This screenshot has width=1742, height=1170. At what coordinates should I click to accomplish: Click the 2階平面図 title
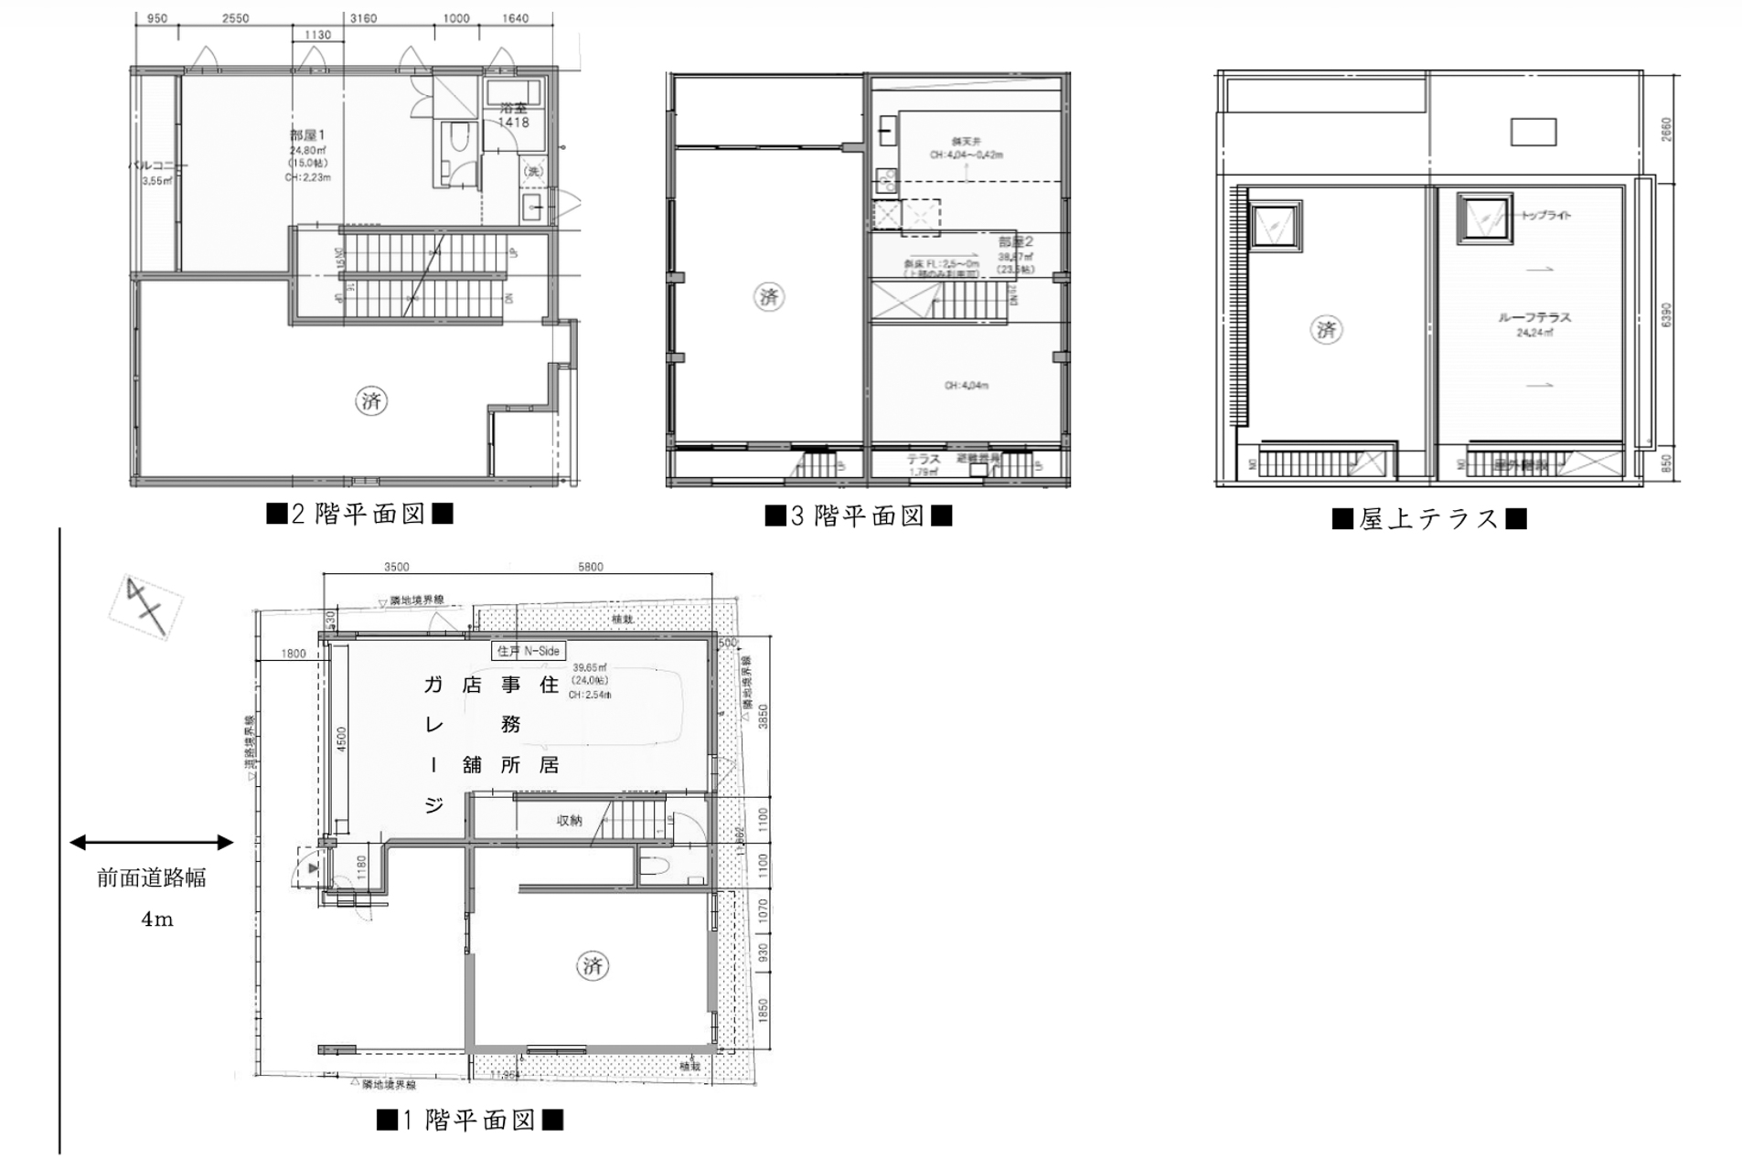pos(359,514)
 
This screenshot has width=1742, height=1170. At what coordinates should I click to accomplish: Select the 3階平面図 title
pos(858,516)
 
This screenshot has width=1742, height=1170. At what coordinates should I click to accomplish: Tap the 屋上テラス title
pos(1428,519)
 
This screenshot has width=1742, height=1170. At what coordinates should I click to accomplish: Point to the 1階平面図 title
pos(469,1120)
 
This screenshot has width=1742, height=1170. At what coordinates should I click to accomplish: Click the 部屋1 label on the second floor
pos(307,135)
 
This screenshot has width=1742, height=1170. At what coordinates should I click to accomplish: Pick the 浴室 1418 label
pos(513,115)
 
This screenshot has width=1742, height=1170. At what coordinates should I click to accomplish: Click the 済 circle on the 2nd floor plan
pos(371,400)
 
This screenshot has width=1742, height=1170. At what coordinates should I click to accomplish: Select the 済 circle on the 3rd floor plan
pos(769,296)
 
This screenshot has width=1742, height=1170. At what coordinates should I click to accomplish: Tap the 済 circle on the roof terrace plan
pos(1326,329)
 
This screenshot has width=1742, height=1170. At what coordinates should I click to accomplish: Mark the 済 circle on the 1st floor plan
pos(593,965)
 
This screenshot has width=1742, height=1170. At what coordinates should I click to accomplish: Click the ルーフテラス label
pos(1534,317)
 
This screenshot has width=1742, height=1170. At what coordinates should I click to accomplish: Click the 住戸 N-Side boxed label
pos(529,651)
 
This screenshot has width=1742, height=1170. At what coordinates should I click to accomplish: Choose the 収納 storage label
pos(569,821)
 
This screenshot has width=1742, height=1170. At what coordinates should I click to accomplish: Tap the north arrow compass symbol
pos(146,606)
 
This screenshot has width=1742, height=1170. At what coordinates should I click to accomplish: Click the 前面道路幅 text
pos(152,878)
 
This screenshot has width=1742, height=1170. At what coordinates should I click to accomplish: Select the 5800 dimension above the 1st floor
pos(590,567)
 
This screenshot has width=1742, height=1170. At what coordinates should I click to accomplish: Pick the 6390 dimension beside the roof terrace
pos(1665,314)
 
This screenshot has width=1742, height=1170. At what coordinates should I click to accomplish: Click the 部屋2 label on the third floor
pos(1015,242)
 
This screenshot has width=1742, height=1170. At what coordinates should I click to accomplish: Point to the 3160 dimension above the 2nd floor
pos(363,18)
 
